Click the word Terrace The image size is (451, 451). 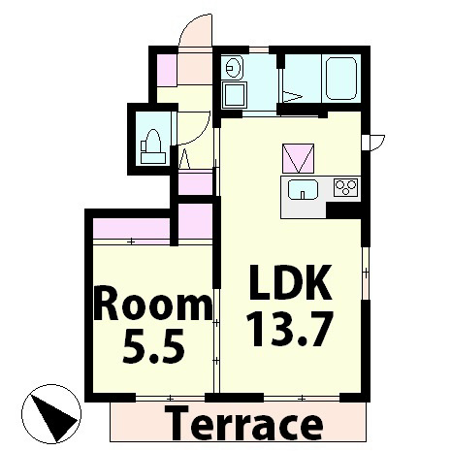[243, 424]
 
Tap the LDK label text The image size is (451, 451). [290, 282]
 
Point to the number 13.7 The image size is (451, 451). [289, 330]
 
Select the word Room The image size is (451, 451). [153, 306]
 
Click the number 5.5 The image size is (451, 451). [154, 346]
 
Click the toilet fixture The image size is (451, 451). [152, 146]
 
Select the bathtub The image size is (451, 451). [341, 79]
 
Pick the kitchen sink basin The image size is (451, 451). [303, 189]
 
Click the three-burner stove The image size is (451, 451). [346, 187]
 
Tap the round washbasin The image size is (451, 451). [235, 67]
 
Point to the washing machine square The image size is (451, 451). [235, 95]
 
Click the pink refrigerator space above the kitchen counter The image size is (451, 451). [299, 158]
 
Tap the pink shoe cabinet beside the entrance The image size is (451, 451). [167, 70]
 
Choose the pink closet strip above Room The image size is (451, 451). [131, 228]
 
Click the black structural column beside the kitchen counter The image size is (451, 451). [343, 210]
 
